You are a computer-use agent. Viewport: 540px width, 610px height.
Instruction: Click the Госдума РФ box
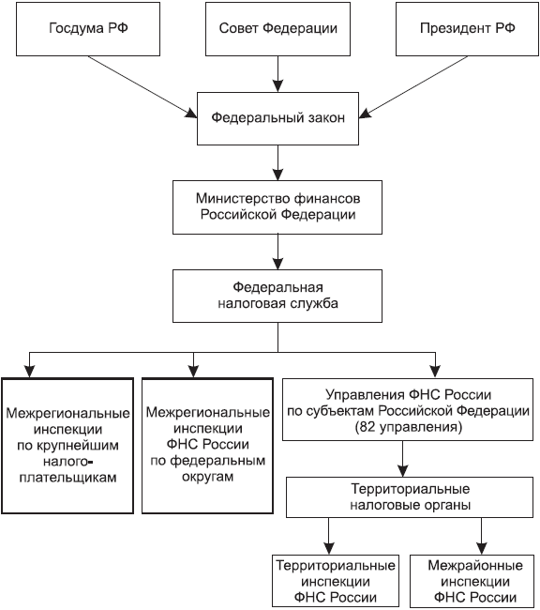[88, 29]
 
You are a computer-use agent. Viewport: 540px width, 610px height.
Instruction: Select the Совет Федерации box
[277, 29]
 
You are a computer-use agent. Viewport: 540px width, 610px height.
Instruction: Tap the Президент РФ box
[467, 29]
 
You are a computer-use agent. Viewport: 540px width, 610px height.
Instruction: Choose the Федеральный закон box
[277, 118]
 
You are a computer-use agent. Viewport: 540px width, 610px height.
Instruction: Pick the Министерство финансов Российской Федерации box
[277, 207]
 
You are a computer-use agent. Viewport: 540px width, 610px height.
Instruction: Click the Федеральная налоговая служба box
[277, 296]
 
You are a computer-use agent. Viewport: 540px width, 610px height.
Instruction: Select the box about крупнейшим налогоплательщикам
[67, 446]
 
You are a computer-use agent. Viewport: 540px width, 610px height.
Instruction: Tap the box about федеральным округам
[207, 446]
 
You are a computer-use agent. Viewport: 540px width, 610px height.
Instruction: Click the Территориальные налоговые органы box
[410, 497]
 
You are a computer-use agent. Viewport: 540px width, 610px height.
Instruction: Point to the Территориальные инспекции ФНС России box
[336, 581]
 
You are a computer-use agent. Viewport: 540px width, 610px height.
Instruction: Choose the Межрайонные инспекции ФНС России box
[475, 581]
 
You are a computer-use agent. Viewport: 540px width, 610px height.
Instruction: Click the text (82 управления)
[409, 427]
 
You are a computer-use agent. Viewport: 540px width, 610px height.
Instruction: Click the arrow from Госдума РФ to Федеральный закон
[142, 86]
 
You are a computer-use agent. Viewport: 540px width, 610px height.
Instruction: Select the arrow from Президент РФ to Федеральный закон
[413, 86]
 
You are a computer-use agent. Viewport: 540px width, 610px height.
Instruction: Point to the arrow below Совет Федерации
[277, 74]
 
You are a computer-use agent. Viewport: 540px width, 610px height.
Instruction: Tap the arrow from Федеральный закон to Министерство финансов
[277, 162]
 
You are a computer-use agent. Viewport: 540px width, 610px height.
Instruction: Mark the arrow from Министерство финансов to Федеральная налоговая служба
[277, 252]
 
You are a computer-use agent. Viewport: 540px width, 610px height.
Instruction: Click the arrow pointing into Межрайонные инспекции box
[482, 536]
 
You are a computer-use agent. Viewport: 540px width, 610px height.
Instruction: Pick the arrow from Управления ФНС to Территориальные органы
[403, 459]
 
